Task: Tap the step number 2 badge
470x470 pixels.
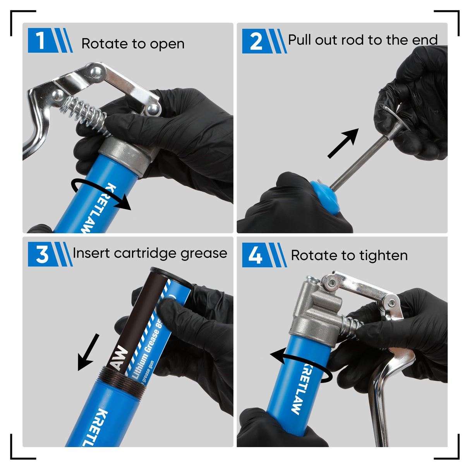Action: [256, 41]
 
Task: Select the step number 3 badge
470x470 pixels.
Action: [41, 255]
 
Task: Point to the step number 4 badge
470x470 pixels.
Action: [255, 255]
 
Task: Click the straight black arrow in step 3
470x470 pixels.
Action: [88, 352]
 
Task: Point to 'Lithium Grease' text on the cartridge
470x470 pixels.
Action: [146, 350]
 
